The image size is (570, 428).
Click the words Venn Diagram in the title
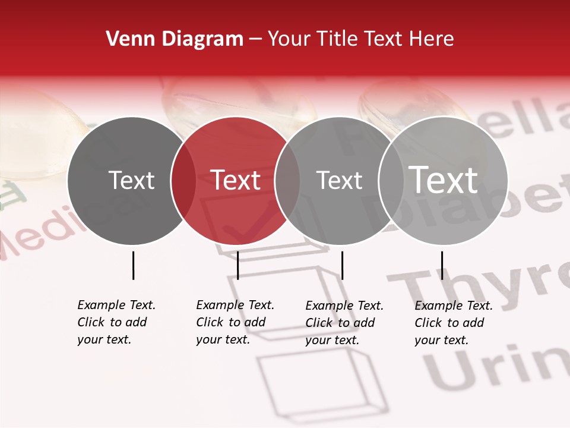[175, 39]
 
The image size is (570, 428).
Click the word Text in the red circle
[236, 180]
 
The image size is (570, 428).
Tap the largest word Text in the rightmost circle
[444, 180]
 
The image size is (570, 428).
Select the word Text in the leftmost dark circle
[131, 180]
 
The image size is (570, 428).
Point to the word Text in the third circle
[339, 180]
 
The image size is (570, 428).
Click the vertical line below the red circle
[237, 265]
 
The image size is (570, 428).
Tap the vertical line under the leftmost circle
[133, 265]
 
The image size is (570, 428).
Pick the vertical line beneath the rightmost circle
[442, 265]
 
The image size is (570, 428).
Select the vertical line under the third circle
[342, 265]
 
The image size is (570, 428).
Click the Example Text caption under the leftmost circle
[116, 322]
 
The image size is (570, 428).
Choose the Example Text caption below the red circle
[235, 322]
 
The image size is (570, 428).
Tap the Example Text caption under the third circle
[344, 323]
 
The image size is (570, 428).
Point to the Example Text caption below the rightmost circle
[453, 323]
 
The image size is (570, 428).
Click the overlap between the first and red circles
[183, 181]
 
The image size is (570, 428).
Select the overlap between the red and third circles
[287, 181]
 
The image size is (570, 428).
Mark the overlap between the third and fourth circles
[389, 181]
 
